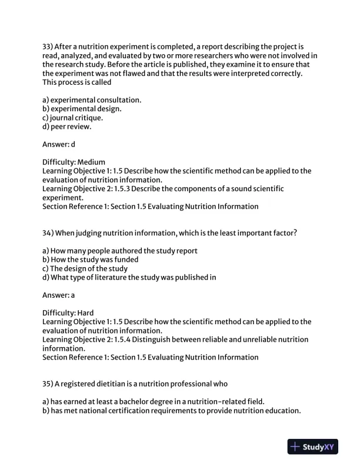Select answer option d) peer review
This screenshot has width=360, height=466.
pyautogui.click(x=67, y=126)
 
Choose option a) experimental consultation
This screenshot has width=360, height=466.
pyautogui.click(x=92, y=100)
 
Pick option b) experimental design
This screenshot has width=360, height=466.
pyautogui.click(x=82, y=109)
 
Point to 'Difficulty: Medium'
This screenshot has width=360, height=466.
pyautogui.click(x=74, y=162)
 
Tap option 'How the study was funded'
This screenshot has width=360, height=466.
pyautogui.click(x=91, y=259)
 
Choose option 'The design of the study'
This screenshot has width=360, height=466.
pyautogui.click(x=85, y=268)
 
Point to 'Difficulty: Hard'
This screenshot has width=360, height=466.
pyautogui.click(x=68, y=313)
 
